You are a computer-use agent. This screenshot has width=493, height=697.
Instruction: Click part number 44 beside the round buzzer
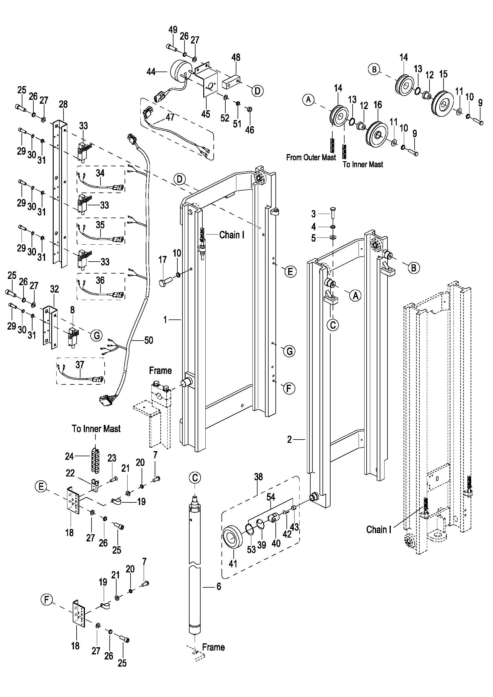[151, 72]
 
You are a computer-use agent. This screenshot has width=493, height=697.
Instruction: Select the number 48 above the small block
[235, 58]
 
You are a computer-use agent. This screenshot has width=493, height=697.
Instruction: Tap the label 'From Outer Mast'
[311, 157]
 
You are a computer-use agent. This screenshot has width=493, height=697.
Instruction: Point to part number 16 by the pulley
[377, 105]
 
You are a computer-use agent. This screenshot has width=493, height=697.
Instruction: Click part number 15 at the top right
[443, 74]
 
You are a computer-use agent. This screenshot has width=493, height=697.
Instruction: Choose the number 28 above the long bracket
[63, 104]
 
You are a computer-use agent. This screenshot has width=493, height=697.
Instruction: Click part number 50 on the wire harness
[148, 340]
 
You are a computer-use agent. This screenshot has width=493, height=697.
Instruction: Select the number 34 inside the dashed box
[100, 173]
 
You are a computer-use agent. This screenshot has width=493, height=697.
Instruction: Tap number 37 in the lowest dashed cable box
[80, 364]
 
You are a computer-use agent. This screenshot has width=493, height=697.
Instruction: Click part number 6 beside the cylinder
[218, 586]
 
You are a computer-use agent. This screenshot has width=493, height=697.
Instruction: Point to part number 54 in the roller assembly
[271, 497]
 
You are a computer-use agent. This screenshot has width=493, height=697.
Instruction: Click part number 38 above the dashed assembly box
[258, 476]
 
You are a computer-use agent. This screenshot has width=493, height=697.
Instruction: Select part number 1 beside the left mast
[165, 319]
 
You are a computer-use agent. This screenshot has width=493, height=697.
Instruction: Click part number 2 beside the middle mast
[289, 439]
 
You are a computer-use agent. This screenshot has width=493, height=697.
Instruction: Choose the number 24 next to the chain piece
[69, 456]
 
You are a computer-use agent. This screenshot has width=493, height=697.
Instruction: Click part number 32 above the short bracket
[54, 289]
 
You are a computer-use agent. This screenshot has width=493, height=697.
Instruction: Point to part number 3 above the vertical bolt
[314, 214]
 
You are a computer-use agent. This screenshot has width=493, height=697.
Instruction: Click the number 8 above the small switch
[72, 310]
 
